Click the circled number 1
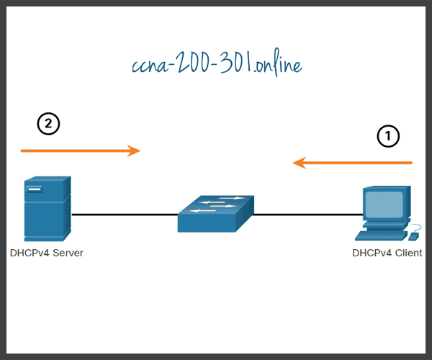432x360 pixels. coord(388,136)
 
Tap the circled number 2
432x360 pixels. coord(48,124)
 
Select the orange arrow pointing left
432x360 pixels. coord(353,163)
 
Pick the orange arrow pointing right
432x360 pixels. coord(79,150)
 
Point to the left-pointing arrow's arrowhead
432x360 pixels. coord(299,163)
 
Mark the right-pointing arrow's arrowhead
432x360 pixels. coord(134,150)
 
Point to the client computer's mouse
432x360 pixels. coord(413,235)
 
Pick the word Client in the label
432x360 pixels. coord(408,253)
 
